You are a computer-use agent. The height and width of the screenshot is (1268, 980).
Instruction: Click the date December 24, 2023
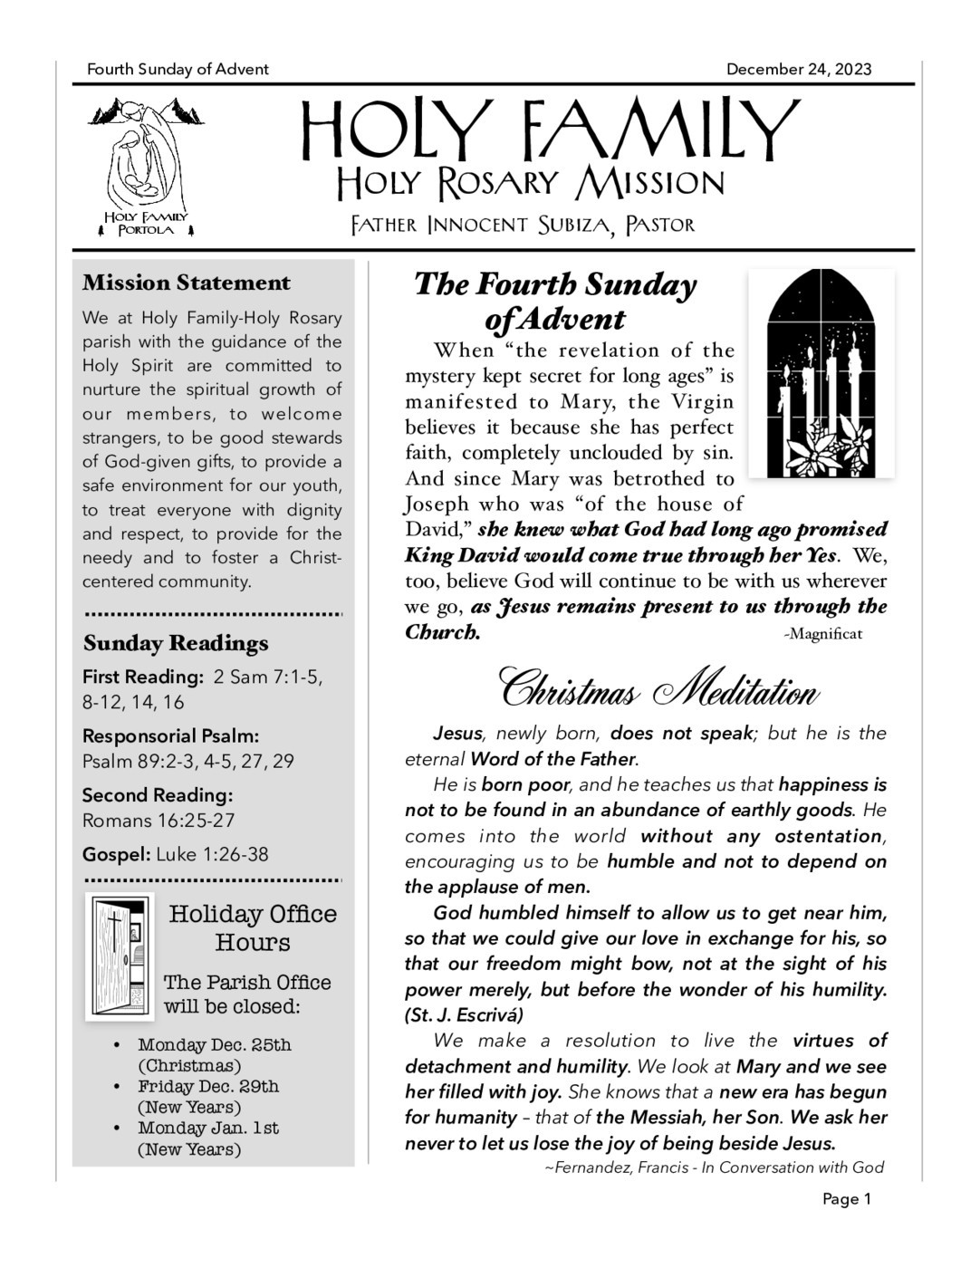pos(798,70)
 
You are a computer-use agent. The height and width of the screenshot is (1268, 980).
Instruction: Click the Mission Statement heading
pos(187,283)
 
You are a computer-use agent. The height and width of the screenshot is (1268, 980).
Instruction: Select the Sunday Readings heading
pos(176,643)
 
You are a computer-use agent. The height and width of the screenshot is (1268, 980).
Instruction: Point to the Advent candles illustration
pos(821,373)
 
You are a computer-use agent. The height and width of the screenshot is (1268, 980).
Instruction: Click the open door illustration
pos(120,956)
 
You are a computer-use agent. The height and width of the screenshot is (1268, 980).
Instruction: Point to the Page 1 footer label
pos(846,1199)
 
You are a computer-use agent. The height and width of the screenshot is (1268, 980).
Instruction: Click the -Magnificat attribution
pos(822,634)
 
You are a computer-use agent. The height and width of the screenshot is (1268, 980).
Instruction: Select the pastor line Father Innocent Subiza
pos(523,225)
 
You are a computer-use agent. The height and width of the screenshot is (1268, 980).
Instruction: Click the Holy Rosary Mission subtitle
pos(530,183)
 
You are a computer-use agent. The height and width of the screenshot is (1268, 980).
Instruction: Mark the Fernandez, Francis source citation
pos(714,1167)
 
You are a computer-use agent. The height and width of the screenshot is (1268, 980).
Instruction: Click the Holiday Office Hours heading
pos(253,928)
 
